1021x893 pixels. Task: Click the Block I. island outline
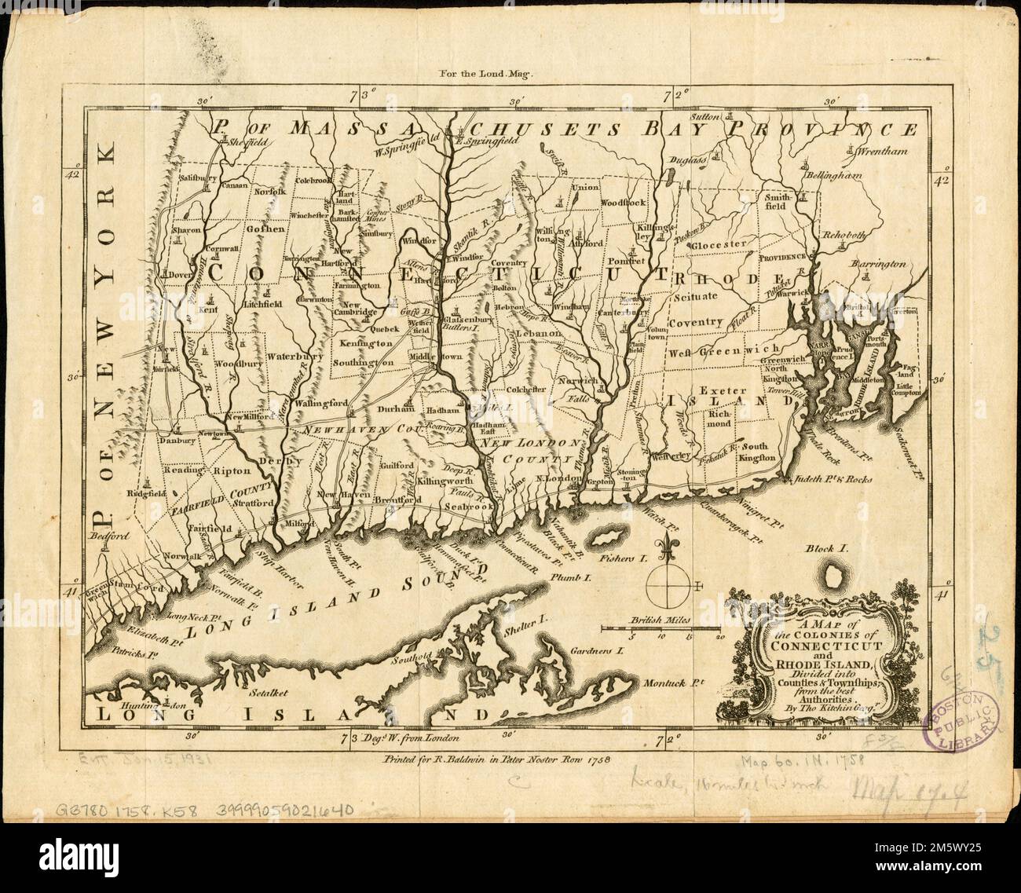click(830, 580)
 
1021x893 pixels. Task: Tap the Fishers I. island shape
click(602, 540)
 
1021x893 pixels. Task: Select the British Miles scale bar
click(661, 628)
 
